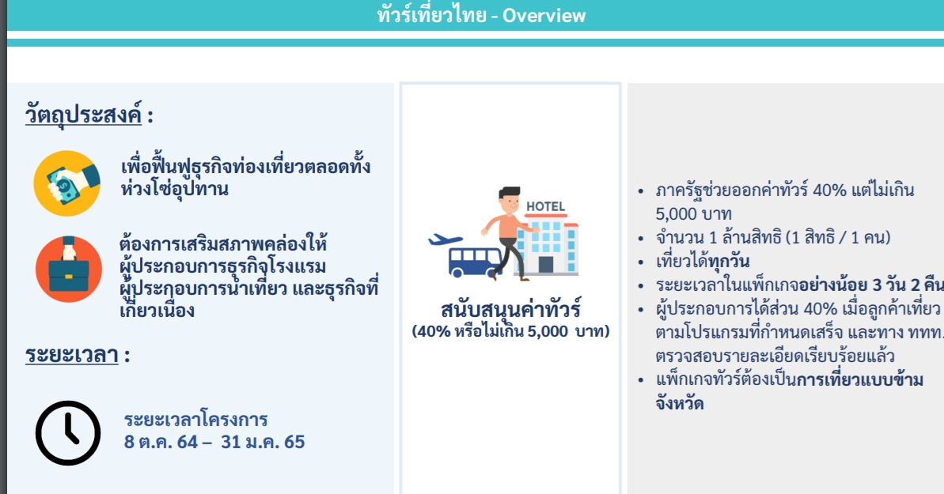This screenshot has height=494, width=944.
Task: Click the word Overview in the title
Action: click(x=544, y=15)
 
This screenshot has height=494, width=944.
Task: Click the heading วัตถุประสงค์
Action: click(x=82, y=114)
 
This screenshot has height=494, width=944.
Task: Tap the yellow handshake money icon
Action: click(x=66, y=183)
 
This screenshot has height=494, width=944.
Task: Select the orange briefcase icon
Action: click(x=68, y=269)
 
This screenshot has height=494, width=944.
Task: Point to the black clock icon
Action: click(x=69, y=433)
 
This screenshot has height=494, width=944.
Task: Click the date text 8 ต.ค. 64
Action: click(x=161, y=441)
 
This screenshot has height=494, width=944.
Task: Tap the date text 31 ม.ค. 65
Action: click(x=263, y=441)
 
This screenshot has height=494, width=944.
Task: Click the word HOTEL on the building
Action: click(x=545, y=207)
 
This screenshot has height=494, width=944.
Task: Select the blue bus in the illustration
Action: click(x=475, y=261)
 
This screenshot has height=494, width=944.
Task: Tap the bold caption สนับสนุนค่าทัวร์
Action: click(x=510, y=309)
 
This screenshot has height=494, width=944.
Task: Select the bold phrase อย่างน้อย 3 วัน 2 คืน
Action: click(x=870, y=285)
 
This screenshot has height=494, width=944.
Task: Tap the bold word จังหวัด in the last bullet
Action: click(x=680, y=404)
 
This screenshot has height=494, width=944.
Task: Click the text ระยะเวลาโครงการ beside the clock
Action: click(x=195, y=419)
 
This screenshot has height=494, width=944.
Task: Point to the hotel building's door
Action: click(x=546, y=264)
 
